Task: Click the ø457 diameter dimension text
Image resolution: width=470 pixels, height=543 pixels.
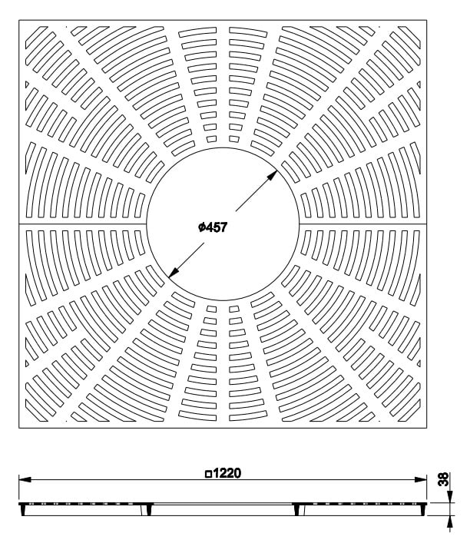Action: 213,227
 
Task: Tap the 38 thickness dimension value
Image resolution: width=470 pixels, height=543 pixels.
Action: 444,479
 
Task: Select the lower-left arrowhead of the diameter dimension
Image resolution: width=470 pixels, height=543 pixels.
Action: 174,273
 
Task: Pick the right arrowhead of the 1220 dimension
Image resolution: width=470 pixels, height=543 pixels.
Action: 420,479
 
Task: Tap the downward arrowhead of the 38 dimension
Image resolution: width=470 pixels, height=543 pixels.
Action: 449,497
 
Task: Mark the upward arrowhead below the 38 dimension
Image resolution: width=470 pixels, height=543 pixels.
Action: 449,521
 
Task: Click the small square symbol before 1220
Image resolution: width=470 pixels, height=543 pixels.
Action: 208,474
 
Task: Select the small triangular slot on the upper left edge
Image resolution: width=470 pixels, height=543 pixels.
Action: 27,84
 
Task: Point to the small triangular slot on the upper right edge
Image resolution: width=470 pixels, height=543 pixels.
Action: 419,84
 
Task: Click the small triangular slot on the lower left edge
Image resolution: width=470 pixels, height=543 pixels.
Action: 27,363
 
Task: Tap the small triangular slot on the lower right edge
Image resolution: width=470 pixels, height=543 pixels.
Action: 419,363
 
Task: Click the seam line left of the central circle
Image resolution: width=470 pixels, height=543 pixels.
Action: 83,224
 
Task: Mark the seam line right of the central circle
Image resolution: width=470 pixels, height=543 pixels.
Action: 362,224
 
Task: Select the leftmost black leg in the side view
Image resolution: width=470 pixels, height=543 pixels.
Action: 23,510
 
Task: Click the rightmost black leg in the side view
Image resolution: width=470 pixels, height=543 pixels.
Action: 297,510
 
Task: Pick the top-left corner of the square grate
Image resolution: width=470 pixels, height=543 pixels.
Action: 19,20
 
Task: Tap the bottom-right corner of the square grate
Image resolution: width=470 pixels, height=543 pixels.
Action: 427,428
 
